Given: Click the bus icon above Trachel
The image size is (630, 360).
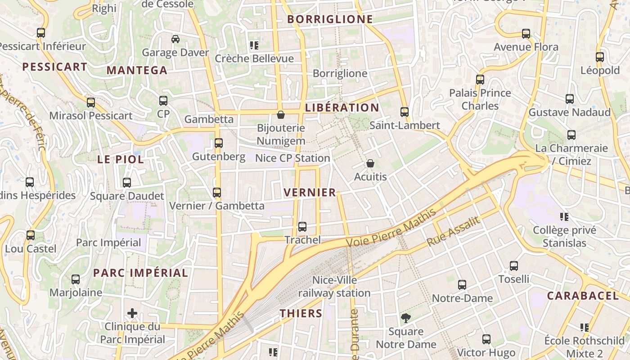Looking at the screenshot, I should pyautogui.click(x=302, y=226).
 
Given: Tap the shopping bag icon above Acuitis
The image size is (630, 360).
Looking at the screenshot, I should pyautogui.click(x=370, y=163).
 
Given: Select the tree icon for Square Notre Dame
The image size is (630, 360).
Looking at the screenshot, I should pyautogui.click(x=406, y=318).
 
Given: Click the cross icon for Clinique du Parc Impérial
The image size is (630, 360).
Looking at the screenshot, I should pyautogui.click(x=132, y=313).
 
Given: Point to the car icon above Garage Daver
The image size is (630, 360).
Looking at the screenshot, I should pyautogui.click(x=175, y=39).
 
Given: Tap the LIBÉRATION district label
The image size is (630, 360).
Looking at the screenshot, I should pyautogui.click(x=342, y=108).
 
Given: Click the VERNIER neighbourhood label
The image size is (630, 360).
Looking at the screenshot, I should pyautogui.click(x=310, y=193).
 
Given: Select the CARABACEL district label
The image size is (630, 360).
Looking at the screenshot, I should pyautogui.click(x=583, y=296).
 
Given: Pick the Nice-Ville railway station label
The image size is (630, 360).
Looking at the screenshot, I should pyautogui.click(x=334, y=287).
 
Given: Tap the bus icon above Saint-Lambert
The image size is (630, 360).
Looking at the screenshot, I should pyautogui.click(x=405, y=112).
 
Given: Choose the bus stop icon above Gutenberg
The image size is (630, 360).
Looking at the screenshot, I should pyautogui.click(x=219, y=143).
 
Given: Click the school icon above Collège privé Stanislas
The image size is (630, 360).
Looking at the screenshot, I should pyautogui.click(x=564, y=217).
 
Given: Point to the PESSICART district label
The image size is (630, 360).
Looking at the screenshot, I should pyautogui.click(x=55, y=67).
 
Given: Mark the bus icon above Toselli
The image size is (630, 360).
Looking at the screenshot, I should pyautogui.click(x=514, y=265).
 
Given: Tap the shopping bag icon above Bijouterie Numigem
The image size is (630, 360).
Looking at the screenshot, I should pyautogui.click(x=281, y=115).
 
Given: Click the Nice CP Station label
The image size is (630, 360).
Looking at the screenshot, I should pyautogui.click(x=292, y=158).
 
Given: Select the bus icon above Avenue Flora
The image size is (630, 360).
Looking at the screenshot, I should pyautogui.click(x=526, y=33).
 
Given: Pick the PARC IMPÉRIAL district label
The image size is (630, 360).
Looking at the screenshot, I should pyautogui.click(x=140, y=273).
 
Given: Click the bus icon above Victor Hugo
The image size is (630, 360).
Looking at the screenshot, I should pyautogui.click(x=486, y=339).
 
